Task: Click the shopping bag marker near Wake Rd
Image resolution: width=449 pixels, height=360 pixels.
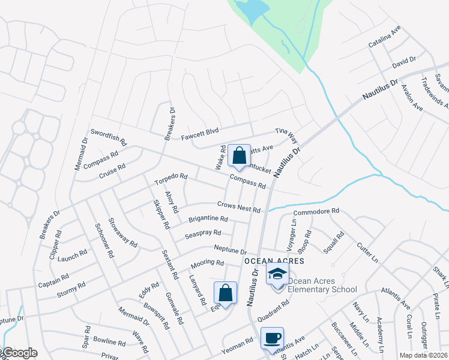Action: (x=239, y=156)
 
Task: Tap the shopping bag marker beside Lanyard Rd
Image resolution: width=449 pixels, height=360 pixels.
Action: (x=225, y=294)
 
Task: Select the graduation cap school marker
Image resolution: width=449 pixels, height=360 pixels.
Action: (x=277, y=275)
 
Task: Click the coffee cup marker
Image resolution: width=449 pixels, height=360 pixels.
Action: (x=272, y=338)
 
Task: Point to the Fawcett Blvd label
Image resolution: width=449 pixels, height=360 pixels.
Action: (x=200, y=133)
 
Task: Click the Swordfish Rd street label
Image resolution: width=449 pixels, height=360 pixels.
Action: (x=109, y=137)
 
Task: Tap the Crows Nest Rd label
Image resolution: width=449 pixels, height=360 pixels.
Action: (x=238, y=207)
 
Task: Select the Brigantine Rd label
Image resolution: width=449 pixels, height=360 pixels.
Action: (x=208, y=220)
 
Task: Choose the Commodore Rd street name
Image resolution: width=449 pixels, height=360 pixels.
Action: (x=316, y=212)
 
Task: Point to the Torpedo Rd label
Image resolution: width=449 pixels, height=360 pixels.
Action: (x=171, y=179)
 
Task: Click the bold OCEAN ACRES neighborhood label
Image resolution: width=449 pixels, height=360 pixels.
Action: (x=274, y=261)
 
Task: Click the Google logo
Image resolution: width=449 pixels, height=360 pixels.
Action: (x=19, y=353)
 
